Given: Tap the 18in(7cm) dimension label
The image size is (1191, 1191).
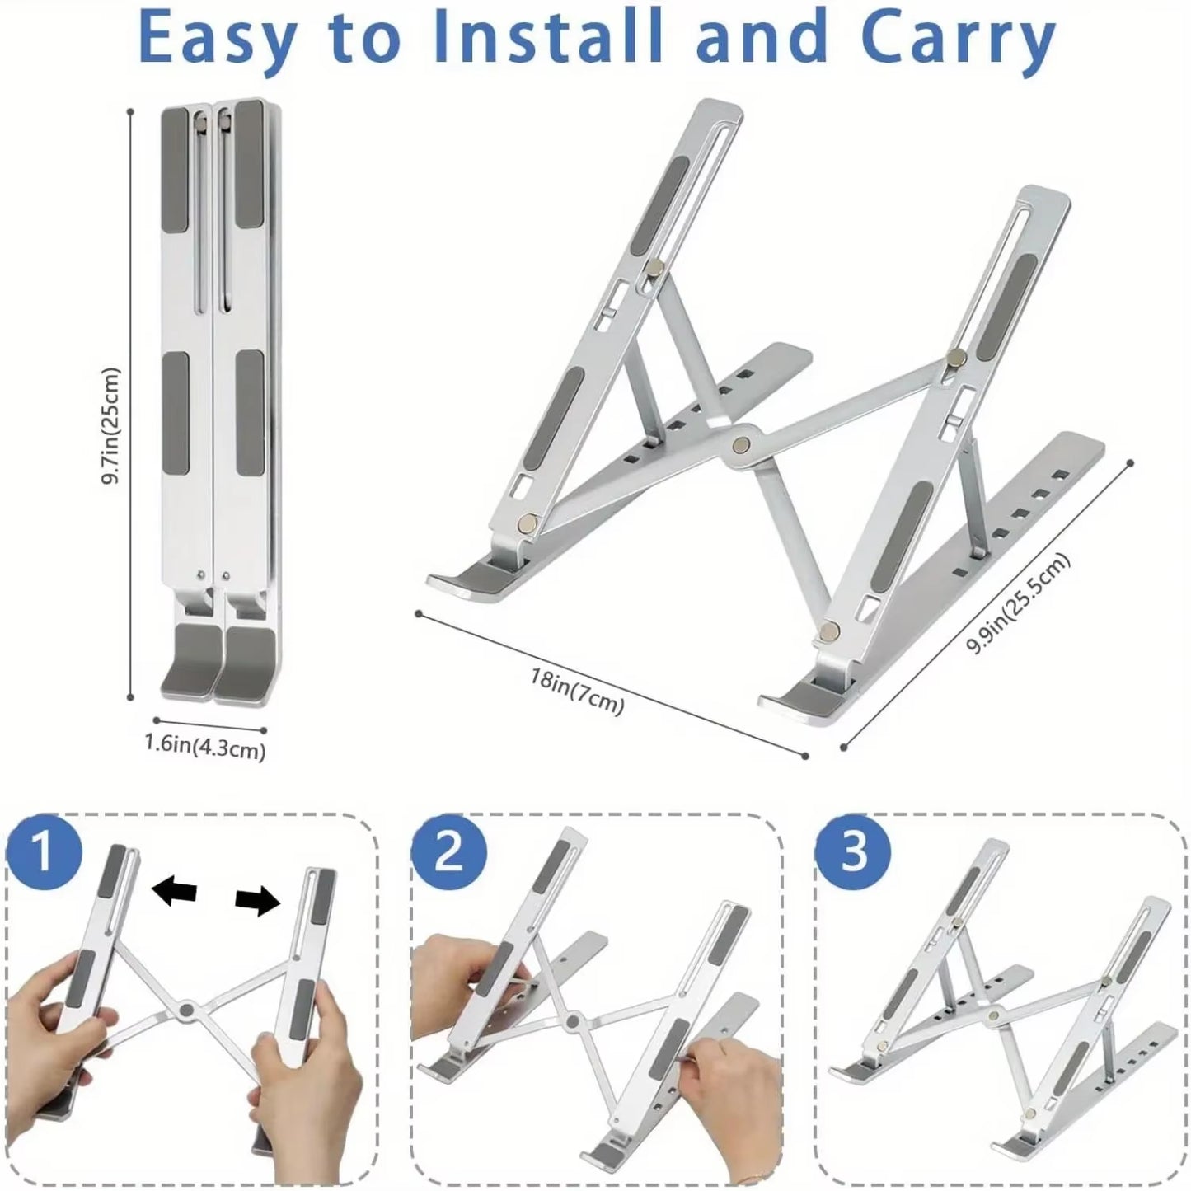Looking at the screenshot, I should tap(577, 693).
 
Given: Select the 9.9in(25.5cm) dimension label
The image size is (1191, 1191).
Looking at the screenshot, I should tap(1018, 604).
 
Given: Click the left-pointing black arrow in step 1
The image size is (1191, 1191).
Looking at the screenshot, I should tap(175, 892).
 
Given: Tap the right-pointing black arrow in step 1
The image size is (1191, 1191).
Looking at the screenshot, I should tap(257, 903).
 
